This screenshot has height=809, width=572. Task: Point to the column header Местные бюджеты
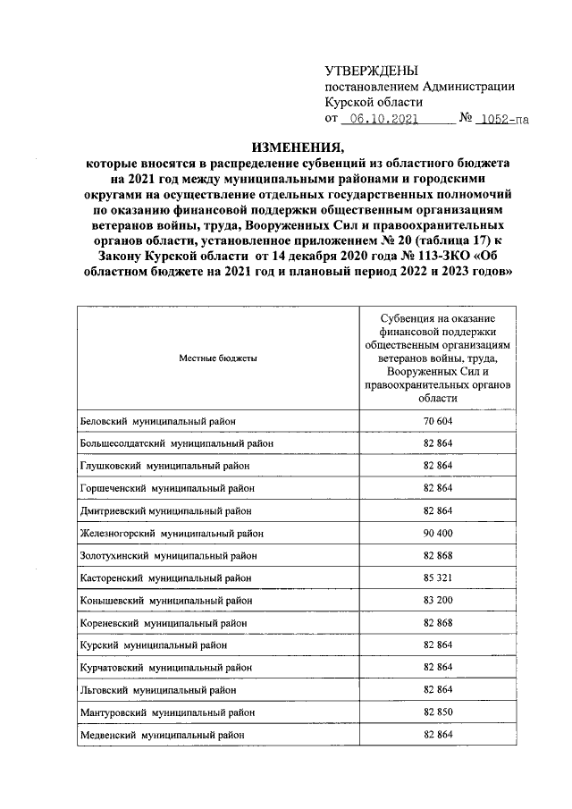pyautogui.click(x=218, y=358)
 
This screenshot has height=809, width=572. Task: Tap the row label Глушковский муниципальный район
pyautogui.click(x=164, y=466)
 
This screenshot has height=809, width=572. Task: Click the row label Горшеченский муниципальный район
pyautogui.click(x=167, y=488)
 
